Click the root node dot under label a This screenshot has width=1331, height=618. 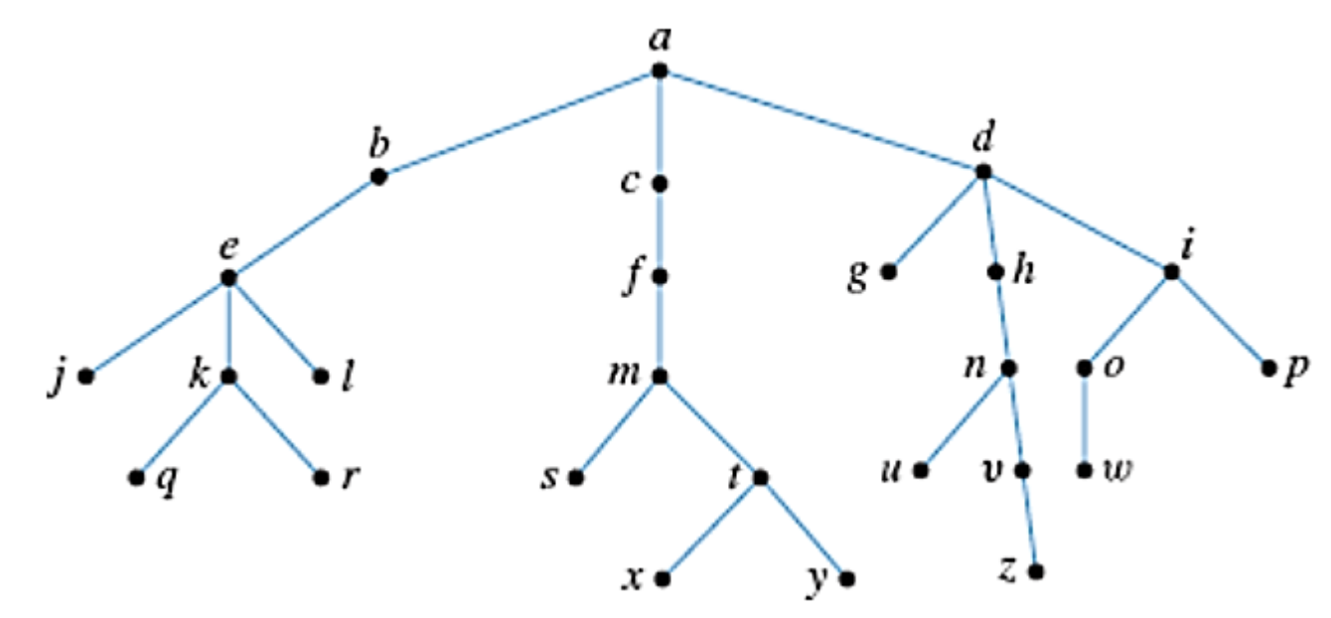tap(659, 72)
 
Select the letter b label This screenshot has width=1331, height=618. tap(376, 145)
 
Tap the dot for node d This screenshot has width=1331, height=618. tap(983, 172)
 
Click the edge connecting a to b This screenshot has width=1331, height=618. tap(518, 124)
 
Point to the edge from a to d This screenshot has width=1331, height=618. tap(820, 121)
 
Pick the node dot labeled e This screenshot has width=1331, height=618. tap(228, 278)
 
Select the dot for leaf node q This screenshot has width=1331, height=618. tap(136, 478)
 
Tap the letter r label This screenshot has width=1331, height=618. tap(349, 478)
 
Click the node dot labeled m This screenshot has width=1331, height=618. tap(659, 378)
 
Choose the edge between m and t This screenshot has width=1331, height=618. tap(709, 427)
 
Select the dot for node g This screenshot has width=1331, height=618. tap(890, 270)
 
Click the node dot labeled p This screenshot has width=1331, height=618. tap(1268, 369)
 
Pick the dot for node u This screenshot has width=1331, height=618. tap(921, 470)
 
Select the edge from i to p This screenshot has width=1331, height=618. tap(1220, 319)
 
